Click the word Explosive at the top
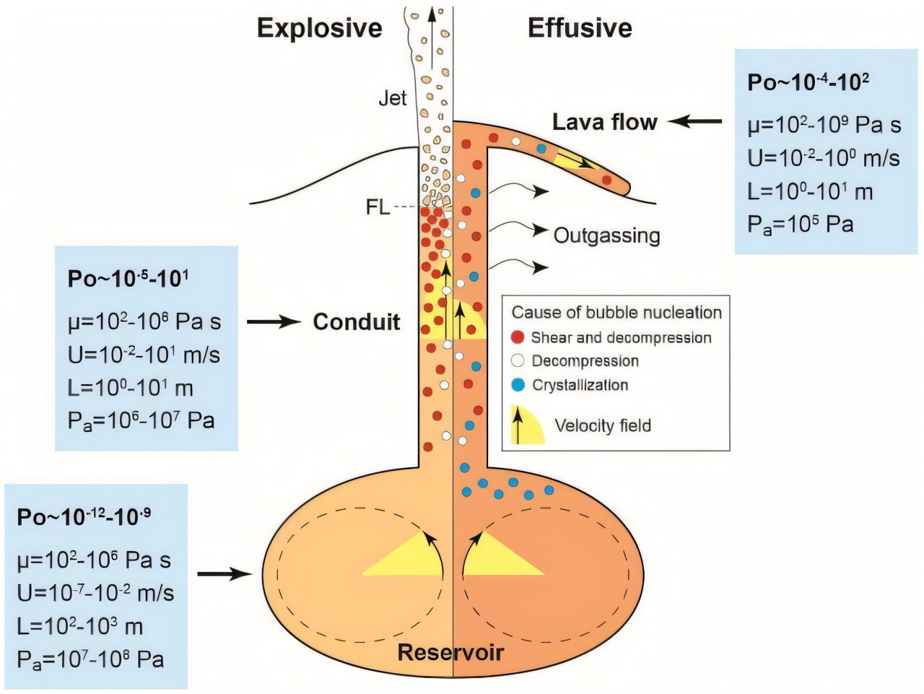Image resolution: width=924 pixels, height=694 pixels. coord(319,28)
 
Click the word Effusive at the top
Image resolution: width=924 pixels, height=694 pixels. coord(580,28)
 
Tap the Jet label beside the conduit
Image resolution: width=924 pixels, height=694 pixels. coord(393,98)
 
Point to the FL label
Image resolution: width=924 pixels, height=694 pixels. coord(378,207)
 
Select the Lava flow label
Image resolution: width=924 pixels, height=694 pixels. coord(605,122)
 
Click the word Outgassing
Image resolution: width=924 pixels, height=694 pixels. coord(606,235)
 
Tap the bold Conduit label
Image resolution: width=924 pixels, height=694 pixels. coord(356,321)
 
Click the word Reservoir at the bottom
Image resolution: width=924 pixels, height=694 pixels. coord(450,653)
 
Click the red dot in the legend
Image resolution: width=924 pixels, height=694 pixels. coord(518,337)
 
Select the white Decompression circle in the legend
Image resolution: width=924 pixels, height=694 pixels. coord(518,361)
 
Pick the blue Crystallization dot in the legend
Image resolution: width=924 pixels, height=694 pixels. coord(518,385)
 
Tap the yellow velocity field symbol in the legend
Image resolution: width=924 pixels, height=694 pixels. coord(527,425)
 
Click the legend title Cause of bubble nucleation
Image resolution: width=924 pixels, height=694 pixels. coord(616,313)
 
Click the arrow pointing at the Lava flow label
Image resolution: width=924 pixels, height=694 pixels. coord(694,122)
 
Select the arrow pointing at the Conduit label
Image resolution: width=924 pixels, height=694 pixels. coord(274,321)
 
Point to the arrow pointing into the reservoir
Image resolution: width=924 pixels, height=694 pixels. coord(225,574)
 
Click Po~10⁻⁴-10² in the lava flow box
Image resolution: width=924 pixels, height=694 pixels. coord(808,82)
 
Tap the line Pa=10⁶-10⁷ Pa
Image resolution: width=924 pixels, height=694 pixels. coord(141,420)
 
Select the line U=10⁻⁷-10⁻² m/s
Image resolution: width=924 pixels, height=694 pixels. coord(95,593)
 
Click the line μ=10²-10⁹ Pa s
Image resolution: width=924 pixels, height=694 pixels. coord(824,125)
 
